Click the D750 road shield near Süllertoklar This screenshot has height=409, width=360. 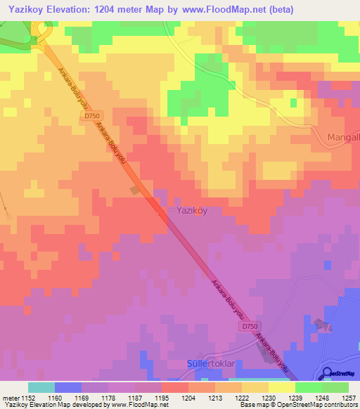[x=248, y=327]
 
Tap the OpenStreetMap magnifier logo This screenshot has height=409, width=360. [x=328, y=373]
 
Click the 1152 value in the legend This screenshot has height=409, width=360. [x=27, y=398]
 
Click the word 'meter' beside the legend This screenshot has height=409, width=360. [x=9, y=398]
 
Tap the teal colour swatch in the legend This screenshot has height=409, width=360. [x=41, y=387]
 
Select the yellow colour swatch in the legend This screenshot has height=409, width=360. [x=282, y=387]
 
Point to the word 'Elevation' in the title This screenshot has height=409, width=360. [x=72, y=9]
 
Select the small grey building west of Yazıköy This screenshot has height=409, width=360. [x=135, y=190]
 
